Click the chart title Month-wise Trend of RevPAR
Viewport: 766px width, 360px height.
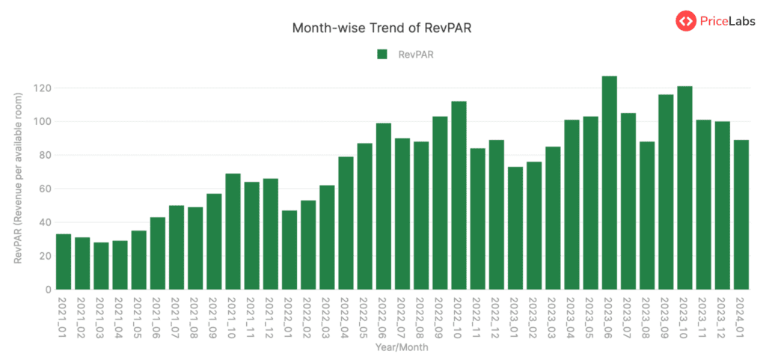382,28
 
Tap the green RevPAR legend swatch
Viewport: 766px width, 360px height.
382,54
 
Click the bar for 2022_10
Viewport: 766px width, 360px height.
459,195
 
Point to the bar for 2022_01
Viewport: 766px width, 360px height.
289,250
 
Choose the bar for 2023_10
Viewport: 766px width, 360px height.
684,188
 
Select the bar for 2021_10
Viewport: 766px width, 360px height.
233,231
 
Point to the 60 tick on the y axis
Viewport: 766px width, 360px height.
44,189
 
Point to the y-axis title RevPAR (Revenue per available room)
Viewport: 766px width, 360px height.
19,173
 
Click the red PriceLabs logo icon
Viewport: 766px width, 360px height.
685,21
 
